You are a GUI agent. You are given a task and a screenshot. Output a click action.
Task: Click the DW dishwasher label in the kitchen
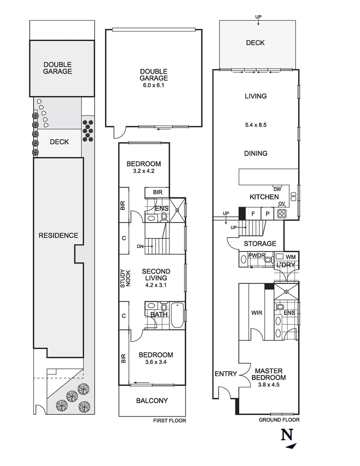click(x=277, y=189)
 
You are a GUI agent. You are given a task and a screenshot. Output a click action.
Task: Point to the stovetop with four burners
click(x=282, y=213)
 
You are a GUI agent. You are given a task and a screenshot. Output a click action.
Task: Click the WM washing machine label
click(x=291, y=257)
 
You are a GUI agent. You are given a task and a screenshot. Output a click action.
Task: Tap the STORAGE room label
click(x=260, y=244)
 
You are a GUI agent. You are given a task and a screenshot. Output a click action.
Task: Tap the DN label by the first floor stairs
click(x=140, y=246)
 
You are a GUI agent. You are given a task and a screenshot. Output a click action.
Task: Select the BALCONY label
click(x=152, y=400)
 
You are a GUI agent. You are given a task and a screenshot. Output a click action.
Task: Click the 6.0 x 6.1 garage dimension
click(x=153, y=85)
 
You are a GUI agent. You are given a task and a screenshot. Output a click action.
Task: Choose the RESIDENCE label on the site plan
click(x=58, y=235)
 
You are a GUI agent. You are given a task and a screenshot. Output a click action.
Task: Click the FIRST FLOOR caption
click(x=169, y=421)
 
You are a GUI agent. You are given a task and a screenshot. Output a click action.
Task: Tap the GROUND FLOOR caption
click(x=279, y=419)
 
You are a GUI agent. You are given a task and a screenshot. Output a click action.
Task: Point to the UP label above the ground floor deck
click(x=258, y=17)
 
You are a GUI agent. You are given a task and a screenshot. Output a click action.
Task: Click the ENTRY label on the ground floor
click(x=226, y=374)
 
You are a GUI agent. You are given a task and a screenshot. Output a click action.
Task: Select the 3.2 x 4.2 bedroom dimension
click(x=144, y=171)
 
